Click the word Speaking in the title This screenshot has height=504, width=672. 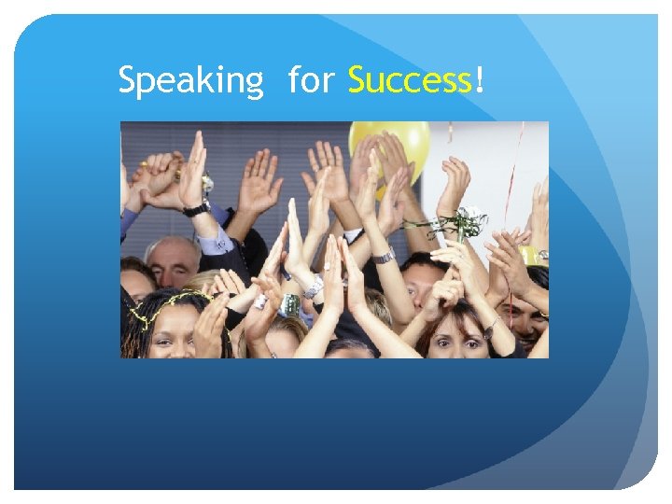point(190,83)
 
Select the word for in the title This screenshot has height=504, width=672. point(310,82)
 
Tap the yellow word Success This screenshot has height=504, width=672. point(410,82)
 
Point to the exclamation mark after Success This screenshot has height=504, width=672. point(479,82)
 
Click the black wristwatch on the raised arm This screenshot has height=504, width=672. point(197,208)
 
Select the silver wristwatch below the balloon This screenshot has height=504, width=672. point(384,255)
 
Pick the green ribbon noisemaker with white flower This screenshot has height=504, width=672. point(467,222)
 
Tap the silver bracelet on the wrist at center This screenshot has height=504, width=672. point(314,287)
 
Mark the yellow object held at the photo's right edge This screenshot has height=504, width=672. point(532,254)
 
